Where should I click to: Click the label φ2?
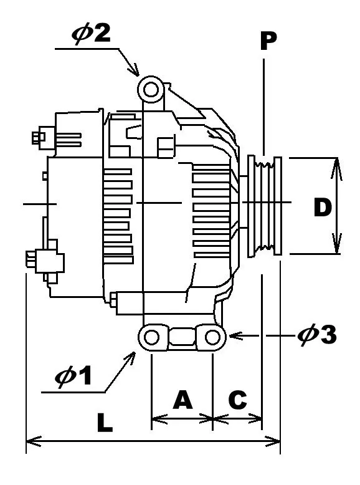[x=92, y=33]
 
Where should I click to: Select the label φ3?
[x=317, y=335]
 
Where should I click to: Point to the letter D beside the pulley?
[x=322, y=208]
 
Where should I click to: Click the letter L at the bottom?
[x=104, y=423]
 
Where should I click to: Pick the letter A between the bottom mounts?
[x=182, y=400]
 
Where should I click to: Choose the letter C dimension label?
[x=237, y=400]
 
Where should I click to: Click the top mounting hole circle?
[x=150, y=90]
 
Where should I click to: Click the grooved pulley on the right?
[x=265, y=206]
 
